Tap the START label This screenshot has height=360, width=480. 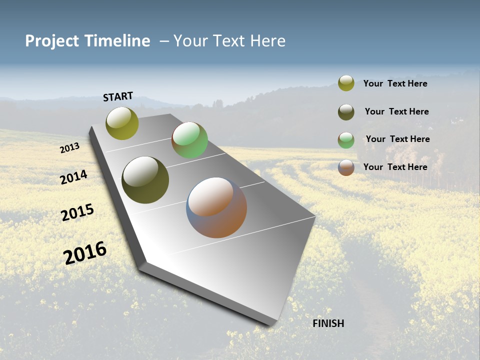click(118, 96)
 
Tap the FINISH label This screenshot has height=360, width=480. click(328, 323)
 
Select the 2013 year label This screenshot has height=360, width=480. click(69, 148)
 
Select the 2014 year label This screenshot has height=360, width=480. click(74, 177)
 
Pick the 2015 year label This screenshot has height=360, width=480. click(77, 212)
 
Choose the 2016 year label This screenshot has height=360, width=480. click(85, 252)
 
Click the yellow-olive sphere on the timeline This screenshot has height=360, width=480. click(122, 123)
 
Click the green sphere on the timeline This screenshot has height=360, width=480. click(189, 140)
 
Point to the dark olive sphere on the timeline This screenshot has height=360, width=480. click(145, 180)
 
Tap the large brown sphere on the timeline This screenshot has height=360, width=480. click(216, 207)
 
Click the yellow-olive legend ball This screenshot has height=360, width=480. click(346, 83)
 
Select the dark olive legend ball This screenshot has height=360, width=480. click(346, 112)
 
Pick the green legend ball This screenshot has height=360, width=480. click(346, 140)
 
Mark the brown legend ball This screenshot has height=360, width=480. click(346, 167)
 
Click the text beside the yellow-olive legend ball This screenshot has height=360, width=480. click(395, 83)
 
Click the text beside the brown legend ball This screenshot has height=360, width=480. click(395, 167)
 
